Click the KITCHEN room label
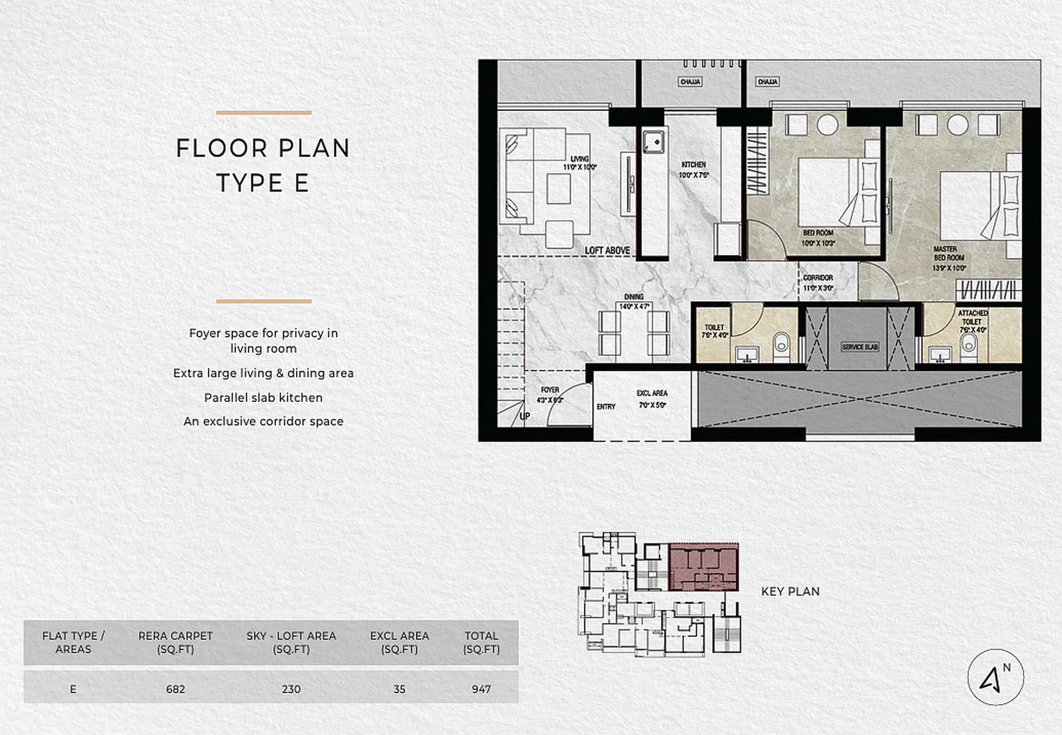pos(693,165)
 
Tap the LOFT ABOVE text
pos(607,251)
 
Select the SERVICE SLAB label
pos(860,347)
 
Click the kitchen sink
pos(653,141)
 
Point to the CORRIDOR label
pos(818,278)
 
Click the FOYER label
pos(549,390)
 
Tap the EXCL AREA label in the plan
pos(652,393)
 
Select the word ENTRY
pos(606,406)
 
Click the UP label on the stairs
pos(525,416)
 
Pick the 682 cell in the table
pos(175,689)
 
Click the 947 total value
pos(481,689)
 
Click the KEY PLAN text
pos(790,591)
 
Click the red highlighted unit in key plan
pos(703,567)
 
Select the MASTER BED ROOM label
pos(949,253)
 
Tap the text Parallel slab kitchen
pos(263,398)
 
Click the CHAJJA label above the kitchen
pos(690,81)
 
